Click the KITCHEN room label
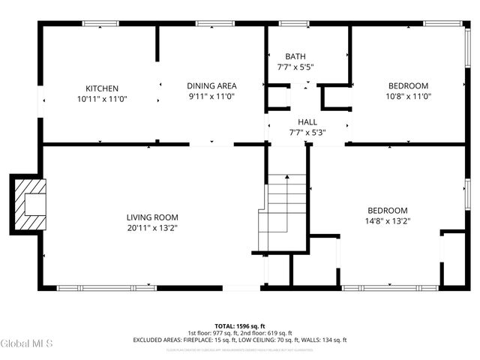(x=101, y=88)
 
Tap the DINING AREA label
(x=211, y=85)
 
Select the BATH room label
(x=295, y=56)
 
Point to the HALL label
(x=307, y=121)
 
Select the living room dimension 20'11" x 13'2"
(x=151, y=228)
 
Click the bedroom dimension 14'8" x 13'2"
(x=387, y=221)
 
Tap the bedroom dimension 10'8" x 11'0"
(x=408, y=96)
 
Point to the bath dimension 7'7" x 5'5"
(x=295, y=67)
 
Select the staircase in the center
(x=285, y=210)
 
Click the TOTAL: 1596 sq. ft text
(x=239, y=326)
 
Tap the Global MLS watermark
(x=26, y=343)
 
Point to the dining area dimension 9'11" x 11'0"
(x=211, y=96)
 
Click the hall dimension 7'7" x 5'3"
(x=307, y=133)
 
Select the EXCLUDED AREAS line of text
(x=239, y=340)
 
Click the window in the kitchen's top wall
(x=100, y=24)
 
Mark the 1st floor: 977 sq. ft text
(x=213, y=333)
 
